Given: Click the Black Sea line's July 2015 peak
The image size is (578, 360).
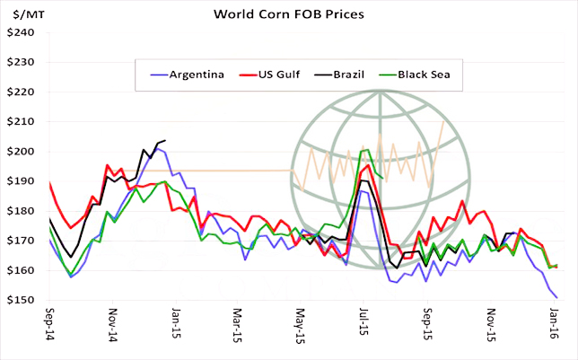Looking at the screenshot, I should [x=367, y=150].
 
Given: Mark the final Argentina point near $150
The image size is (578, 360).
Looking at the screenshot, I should [x=557, y=297].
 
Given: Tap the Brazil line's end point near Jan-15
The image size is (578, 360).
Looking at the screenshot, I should [x=165, y=140].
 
